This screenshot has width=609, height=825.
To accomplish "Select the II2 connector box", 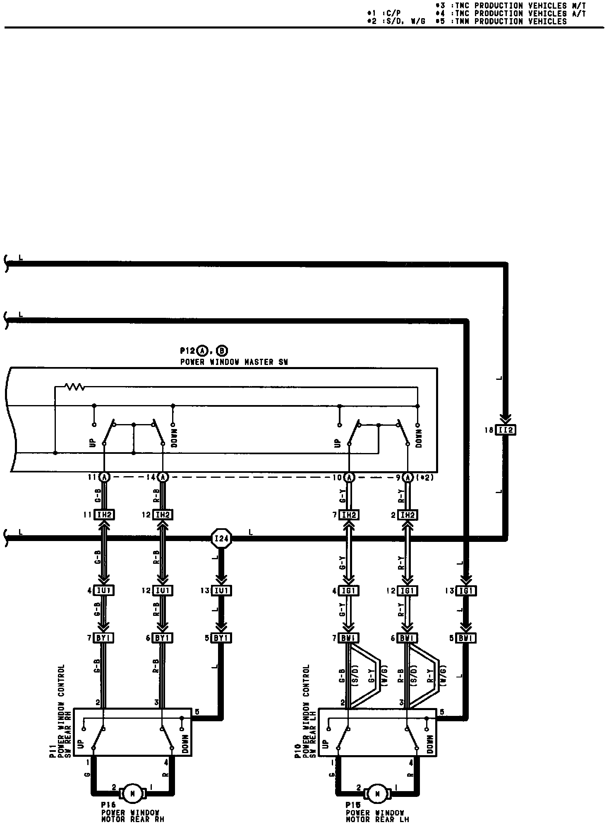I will [x=506, y=430].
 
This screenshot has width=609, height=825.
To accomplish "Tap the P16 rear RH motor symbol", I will [x=132, y=793].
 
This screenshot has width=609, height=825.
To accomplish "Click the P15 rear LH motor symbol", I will [x=377, y=793].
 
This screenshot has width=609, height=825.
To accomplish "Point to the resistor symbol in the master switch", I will [x=75, y=387].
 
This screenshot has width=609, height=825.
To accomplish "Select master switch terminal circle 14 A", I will [x=163, y=477].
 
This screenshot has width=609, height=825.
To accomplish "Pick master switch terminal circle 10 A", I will [x=349, y=477].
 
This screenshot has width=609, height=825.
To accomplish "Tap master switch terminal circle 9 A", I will [x=408, y=477].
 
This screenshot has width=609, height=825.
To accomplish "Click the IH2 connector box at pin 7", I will [x=349, y=515].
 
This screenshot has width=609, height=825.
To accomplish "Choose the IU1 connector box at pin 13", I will [x=221, y=591].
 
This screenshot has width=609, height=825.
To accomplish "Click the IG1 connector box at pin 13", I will [x=466, y=591].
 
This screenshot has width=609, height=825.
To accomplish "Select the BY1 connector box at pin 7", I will [x=103, y=638].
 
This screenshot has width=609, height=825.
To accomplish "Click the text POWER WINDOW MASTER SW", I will [x=234, y=362].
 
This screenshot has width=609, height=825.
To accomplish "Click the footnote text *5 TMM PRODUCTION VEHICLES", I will [x=501, y=21].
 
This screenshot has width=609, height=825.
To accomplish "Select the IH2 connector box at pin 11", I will [x=104, y=515].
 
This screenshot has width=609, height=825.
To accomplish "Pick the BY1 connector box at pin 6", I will [x=163, y=638].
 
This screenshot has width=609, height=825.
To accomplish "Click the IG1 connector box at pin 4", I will [x=349, y=591].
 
